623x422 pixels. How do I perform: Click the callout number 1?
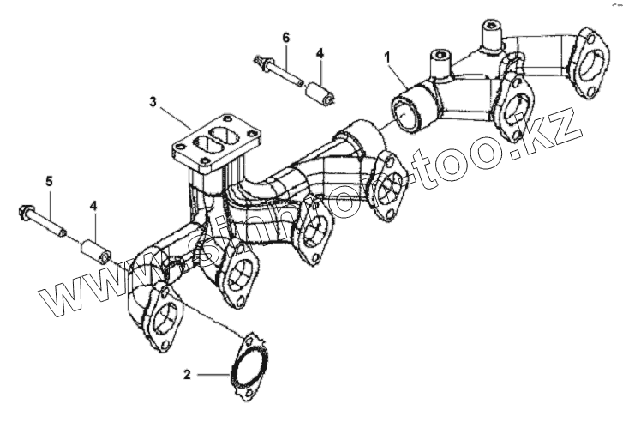coord(388,58)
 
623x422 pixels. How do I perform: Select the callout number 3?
coord(153,103)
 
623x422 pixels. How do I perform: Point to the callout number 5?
coord(49,182)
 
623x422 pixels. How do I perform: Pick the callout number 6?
coord(286,37)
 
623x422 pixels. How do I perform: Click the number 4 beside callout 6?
coord(319,53)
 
